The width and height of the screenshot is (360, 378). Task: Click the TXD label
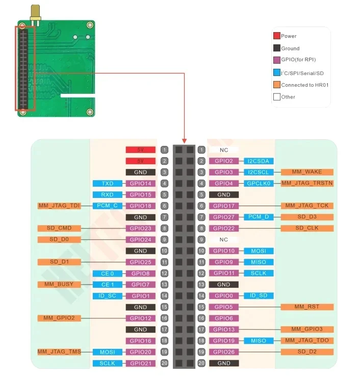click(107, 184)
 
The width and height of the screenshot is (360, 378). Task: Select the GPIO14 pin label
click(140, 184)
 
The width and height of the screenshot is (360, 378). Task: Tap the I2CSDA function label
click(259, 161)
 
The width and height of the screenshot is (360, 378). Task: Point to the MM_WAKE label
click(306, 172)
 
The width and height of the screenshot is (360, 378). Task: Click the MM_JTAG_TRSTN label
click(306, 184)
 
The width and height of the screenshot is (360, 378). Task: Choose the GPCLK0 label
click(259, 184)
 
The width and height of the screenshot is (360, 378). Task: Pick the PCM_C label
click(107, 206)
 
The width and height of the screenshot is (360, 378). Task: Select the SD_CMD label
click(59, 229)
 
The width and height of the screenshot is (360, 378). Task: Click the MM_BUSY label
click(59, 285)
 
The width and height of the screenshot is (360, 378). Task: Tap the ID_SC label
click(107, 296)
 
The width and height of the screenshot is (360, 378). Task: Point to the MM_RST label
click(306, 307)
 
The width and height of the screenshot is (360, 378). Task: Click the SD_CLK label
click(306, 229)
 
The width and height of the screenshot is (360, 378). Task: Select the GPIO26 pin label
click(223, 352)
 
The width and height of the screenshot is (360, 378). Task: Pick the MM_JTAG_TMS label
click(59, 352)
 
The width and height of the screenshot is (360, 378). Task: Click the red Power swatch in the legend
click(276, 36)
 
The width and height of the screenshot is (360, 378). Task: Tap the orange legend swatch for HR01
click(276, 85)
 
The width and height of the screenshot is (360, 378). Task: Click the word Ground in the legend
click(290, 48)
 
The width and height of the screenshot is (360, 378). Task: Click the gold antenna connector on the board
click(35, 14)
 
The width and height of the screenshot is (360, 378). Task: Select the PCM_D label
click(259, 217)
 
